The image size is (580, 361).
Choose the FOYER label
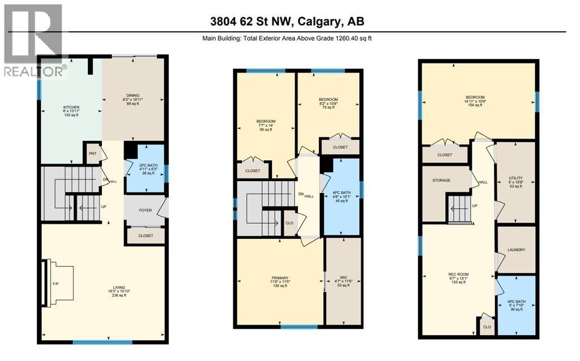[146, 210]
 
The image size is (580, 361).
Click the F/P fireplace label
[56, 283]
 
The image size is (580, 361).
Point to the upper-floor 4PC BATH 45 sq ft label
[342, 196]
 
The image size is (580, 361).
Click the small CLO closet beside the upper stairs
[289, 223]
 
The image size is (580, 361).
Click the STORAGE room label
[441, 180]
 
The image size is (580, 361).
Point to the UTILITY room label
[515, 182]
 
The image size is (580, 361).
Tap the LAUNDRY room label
[516, 250]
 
